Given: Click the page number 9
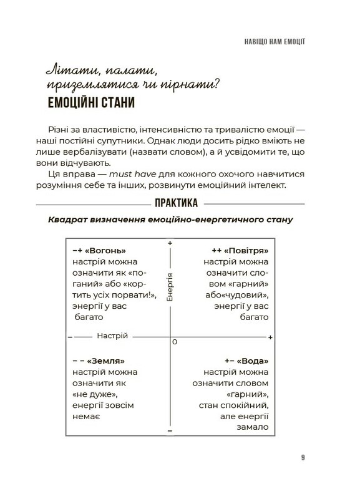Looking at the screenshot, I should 303,458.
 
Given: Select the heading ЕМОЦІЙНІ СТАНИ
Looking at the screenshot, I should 92,102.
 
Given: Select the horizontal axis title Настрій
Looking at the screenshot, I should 112,336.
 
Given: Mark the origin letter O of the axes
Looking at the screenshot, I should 175,342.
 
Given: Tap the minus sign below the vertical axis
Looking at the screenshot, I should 170,431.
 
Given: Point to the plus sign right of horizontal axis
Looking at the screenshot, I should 270,337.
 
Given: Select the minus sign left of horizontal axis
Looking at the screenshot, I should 69,337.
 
